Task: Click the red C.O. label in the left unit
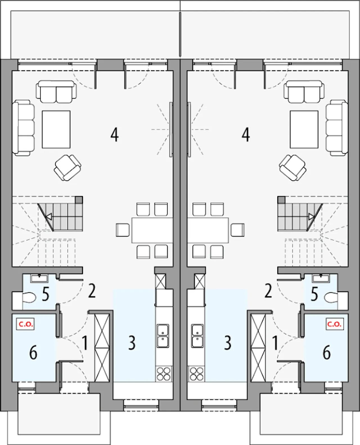click(26, 324)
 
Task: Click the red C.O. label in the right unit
click(335, 324)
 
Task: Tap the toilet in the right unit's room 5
click(331, 297)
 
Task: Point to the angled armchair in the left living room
click(67, 168)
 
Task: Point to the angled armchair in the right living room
click(293, 168)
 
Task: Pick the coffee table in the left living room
click(56, 130)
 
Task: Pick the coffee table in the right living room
click(304, 130)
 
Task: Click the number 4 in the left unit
click(114, 135)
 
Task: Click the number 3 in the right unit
click(228, 343)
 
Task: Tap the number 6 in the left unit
click(33, 353)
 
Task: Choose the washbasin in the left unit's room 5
click(39, 279)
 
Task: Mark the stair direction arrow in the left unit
click(49, 217)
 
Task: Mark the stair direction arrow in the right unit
click(312, 217)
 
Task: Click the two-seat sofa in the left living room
click(56, 92)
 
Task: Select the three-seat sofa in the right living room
click(337, 128)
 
